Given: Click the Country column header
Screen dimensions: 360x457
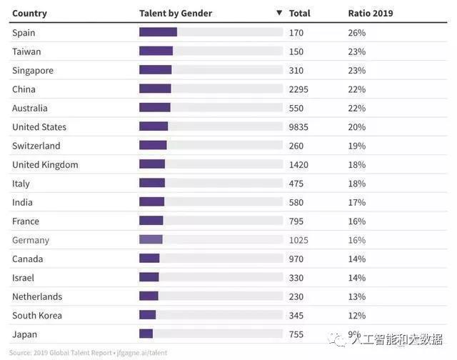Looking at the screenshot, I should click(x=29, y=13).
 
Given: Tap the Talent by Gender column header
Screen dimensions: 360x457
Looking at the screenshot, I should click(x=175, y=13).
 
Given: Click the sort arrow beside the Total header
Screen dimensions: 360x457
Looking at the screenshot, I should click(x=279, y=13).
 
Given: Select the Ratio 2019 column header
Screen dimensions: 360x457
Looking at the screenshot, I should click(x=370, y=13).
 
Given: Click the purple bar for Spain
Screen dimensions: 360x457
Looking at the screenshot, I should click(x=158, y=32).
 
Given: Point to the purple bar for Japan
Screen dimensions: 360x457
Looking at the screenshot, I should click(x=146, y=334).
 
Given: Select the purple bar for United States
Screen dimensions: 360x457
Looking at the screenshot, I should click(x=154, y=126).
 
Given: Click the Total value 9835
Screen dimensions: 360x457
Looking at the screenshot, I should click(x=299, y=126).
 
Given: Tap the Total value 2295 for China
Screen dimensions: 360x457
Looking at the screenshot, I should click(x=299, y=89).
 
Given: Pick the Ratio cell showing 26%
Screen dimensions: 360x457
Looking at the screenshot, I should click(x=356, y=33).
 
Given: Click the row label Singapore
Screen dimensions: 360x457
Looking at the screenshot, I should click(x=33, y=71).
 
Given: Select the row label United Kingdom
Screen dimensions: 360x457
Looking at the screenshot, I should click(x=45, y=164).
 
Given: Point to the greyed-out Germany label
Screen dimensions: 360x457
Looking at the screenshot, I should click(x=31, y=240).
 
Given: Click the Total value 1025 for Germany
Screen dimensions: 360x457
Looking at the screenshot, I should click(x=299, y=240).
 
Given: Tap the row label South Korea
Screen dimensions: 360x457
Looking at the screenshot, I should click(x=37, y=315).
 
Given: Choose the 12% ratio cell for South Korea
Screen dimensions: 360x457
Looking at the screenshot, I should click(x=356, y=315).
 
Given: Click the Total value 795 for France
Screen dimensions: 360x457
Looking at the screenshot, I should click(x=296, y=221).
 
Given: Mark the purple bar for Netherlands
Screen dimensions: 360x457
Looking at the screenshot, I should click(x=149, y=296).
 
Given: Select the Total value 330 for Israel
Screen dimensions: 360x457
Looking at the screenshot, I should click(x=296, y=277).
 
